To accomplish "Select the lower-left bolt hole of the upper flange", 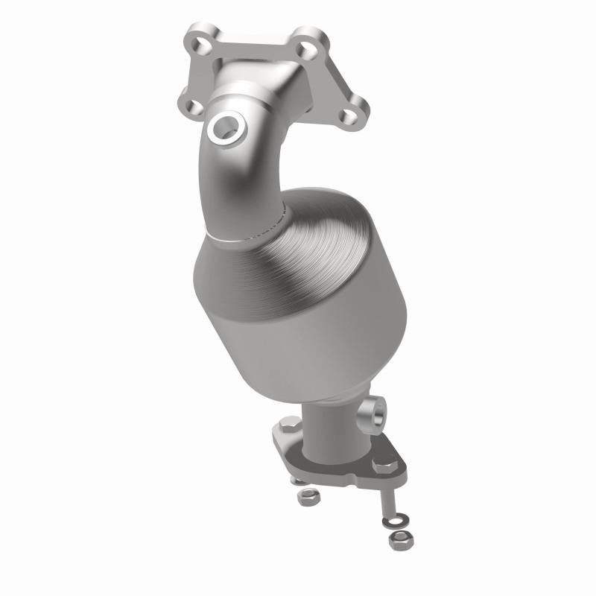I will coord(192,107).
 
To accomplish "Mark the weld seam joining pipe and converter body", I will coord(246,235).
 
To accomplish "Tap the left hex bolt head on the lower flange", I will coord(289,425).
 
